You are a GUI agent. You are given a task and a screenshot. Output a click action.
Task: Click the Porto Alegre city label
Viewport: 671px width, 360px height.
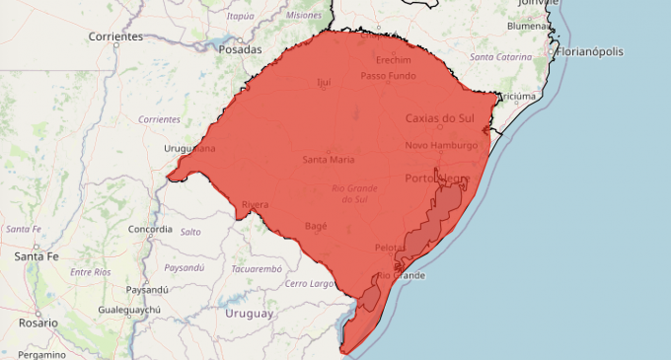[x=439, y=179]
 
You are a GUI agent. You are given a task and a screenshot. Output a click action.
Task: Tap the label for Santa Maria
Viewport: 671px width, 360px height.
[x=329, y=159]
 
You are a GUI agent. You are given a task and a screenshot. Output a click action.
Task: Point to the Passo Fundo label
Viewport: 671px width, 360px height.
[x=387, y=76]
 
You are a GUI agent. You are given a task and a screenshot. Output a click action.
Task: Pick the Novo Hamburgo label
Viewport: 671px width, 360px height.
[x=441, y=145]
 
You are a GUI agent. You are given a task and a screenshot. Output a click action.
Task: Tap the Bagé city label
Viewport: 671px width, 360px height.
[x=316, y=226]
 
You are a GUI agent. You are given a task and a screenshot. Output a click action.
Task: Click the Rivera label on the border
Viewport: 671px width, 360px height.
[x=255, y=205]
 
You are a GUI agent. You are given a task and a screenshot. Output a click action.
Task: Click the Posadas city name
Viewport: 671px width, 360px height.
[x=241, y=49]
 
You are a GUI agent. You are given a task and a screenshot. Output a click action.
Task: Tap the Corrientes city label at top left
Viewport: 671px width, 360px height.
[x=115, y=36]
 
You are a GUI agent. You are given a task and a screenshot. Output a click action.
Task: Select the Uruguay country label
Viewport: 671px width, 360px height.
[x=249, y=314]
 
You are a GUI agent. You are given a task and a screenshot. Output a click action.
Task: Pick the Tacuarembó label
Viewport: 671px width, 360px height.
[x=257, y=268]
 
